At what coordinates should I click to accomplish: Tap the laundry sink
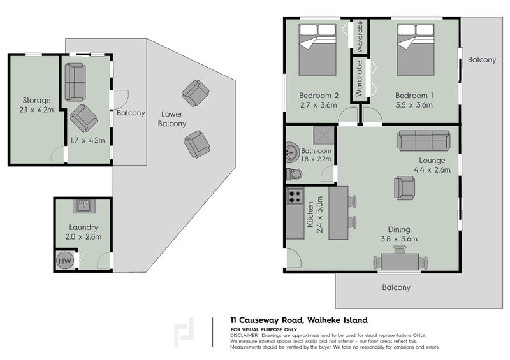pos(83,206)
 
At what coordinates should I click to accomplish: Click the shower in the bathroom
pos(323,134)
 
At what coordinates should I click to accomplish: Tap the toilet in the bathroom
pos(293,173)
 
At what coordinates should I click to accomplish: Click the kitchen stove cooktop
pos(295,198)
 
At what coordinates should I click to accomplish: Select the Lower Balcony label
pos(172,119)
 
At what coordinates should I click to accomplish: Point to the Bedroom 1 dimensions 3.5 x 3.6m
pos(414,106)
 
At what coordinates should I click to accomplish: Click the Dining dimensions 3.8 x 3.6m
pos(400,239)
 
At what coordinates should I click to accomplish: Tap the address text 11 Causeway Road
pos(268,320)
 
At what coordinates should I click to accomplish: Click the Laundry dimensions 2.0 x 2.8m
pos(84,237)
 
